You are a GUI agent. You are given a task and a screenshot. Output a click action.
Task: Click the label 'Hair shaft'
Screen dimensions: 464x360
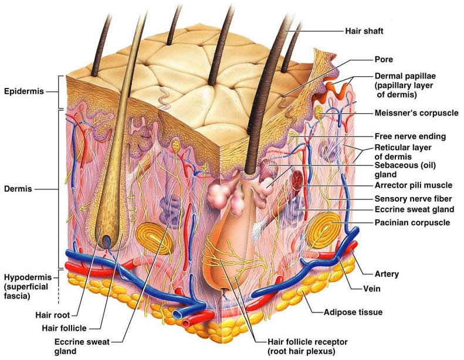(364, 30)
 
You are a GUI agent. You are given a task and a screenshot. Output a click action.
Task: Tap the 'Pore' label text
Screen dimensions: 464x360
(384, 59)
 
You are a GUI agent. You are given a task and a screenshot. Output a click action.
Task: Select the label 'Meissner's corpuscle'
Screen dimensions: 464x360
(416, 113)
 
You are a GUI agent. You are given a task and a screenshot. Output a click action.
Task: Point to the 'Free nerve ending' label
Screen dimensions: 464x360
(410, 136)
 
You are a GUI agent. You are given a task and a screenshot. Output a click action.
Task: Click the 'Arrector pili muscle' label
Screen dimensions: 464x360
(414, 185)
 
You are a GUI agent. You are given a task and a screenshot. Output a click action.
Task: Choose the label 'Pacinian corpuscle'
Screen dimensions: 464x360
(412, 222)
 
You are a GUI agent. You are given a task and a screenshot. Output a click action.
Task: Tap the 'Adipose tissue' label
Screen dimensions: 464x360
(353, 312)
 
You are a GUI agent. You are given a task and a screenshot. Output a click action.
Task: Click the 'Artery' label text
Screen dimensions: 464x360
(387, 274)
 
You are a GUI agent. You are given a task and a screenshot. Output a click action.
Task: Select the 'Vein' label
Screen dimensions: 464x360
(372, 288)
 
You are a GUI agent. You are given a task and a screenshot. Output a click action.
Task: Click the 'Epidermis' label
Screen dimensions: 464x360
(24, 91)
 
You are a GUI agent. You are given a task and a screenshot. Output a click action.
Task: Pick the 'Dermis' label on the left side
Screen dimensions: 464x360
(18, 189)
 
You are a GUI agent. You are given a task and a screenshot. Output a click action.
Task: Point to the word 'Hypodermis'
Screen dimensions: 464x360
(28, 277)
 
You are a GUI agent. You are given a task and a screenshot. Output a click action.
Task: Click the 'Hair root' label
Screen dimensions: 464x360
(53, 315)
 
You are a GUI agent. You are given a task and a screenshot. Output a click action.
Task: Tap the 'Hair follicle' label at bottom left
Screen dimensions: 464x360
(64, 328)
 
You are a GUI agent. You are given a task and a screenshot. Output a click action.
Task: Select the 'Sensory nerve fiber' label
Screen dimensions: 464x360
(413, 199)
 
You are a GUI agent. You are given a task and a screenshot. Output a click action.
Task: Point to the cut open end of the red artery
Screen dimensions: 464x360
(186, 323)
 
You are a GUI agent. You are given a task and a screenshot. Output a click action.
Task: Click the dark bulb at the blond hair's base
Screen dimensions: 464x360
(106, 241)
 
